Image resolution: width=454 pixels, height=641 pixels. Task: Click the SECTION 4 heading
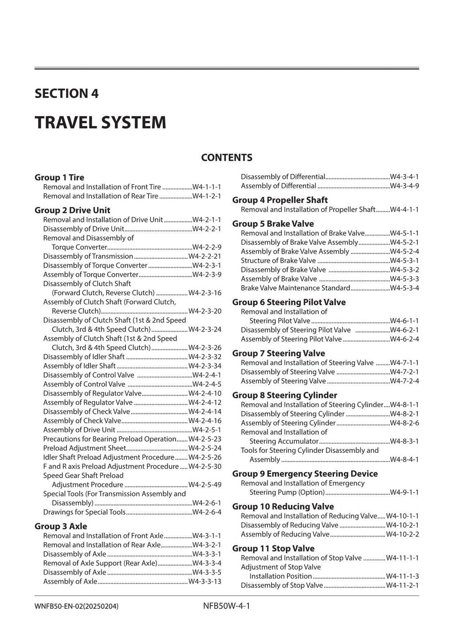tap(67, 93)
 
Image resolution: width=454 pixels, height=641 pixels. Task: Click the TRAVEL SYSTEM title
tap(100, 122)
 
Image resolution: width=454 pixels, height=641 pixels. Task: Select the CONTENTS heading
tap(227, 158)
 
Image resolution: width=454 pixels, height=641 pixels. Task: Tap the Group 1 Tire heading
tap(59, 177)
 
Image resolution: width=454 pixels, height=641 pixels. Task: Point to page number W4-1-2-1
tap(207, 196)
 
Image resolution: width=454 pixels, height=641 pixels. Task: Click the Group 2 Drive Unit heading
tap(72, 210)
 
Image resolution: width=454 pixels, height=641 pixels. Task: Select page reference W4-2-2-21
tap(205, 256)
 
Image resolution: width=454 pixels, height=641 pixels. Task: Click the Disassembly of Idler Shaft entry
tap(84, 357)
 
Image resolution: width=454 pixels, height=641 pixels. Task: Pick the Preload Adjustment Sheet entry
tap(85, 448)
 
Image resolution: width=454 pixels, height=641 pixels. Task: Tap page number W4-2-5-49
tap(205, 485)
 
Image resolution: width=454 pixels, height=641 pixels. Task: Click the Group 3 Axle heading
tap(61, 526)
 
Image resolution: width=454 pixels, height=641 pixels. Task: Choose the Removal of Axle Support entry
tap(100, 563)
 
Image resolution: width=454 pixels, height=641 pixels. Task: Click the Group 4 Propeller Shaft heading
tap(280, 200)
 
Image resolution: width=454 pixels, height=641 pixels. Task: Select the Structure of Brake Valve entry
tap(278, 260)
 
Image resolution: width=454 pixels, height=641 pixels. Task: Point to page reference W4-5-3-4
tap(404, 288)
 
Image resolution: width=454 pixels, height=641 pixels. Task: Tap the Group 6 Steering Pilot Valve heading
tap(289, 302)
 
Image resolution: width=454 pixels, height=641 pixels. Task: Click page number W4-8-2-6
tap(404, 423)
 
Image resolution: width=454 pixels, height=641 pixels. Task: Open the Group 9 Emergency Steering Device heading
tap(305, 474)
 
